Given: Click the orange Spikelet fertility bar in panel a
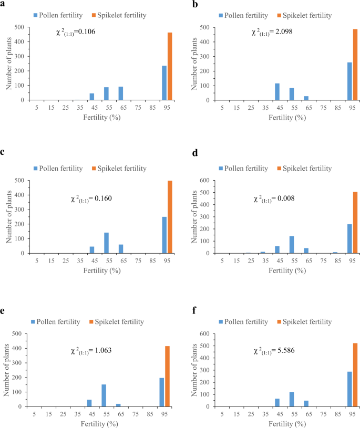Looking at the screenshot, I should click(x=170, y=66).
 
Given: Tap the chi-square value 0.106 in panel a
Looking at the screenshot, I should click(x=76, y=32).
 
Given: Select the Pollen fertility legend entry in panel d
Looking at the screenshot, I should click(x=243, y=169).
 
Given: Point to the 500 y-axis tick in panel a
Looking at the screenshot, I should click(x=18, y=27).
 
